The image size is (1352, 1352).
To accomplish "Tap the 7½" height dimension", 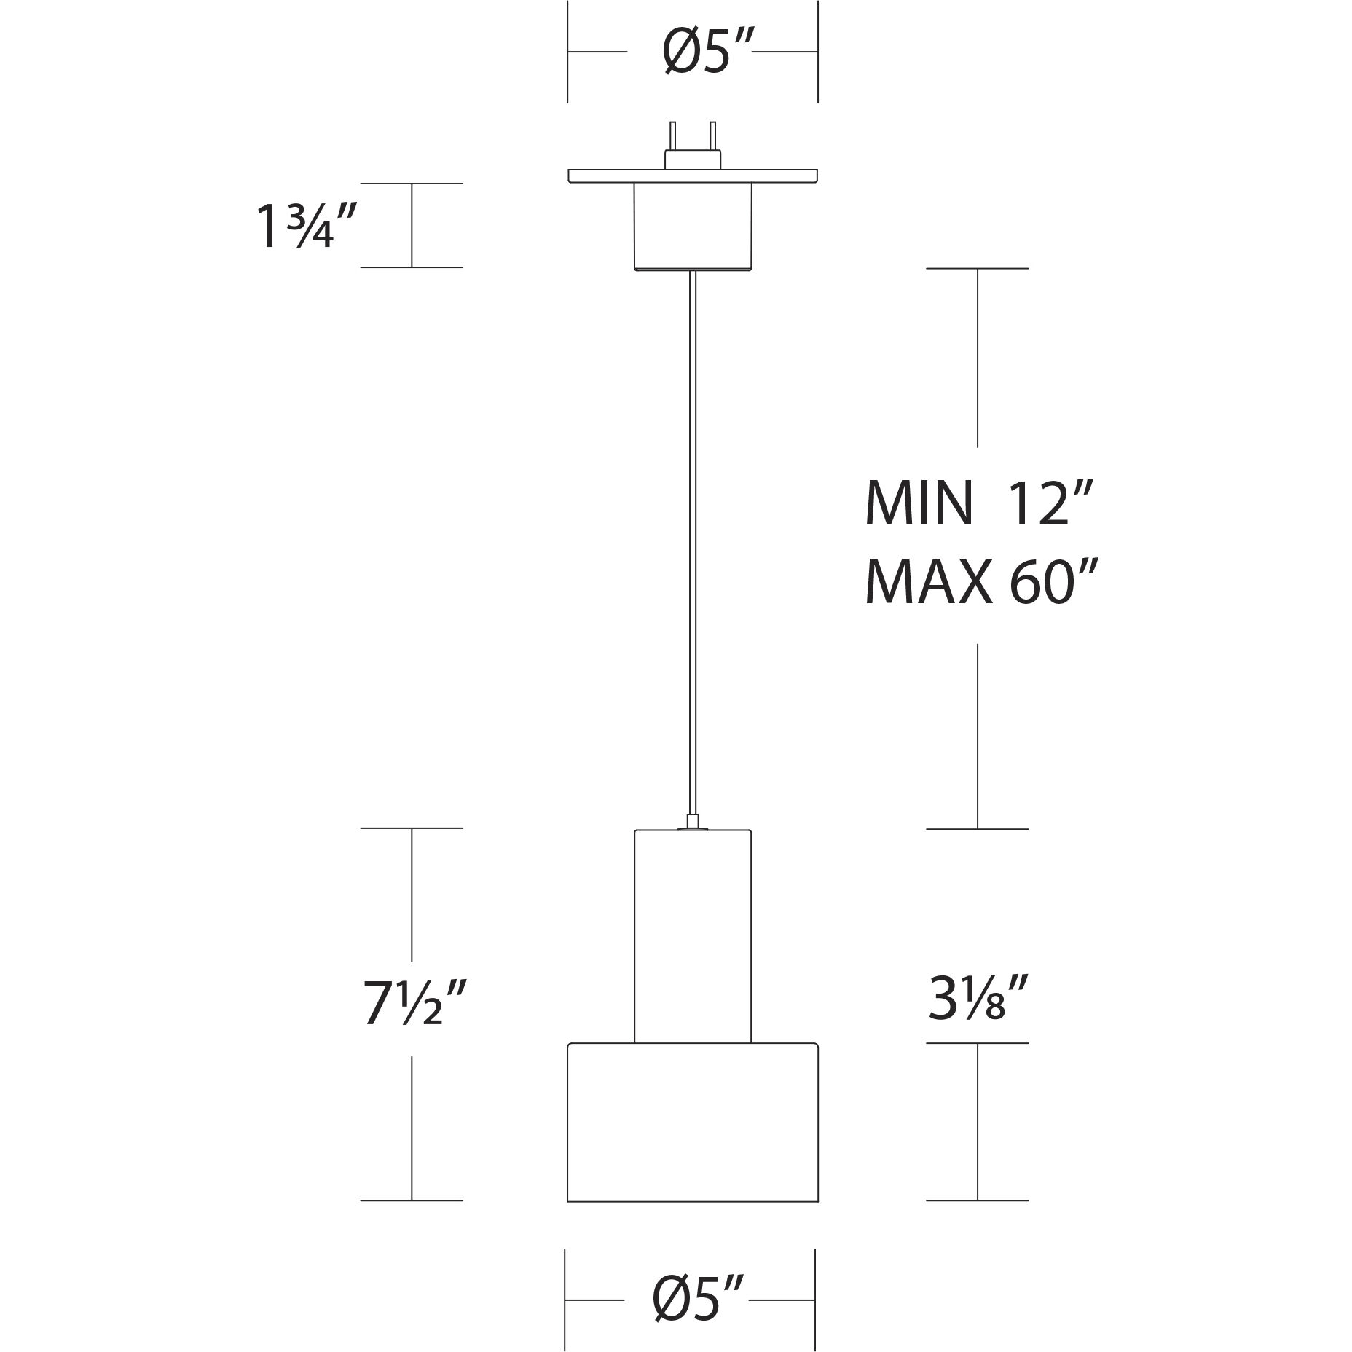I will coord(414,1003).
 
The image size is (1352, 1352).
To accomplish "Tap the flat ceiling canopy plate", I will coord(693,176).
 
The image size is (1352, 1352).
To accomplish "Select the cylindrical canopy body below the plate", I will coord(693,226).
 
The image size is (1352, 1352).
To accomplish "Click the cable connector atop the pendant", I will coord(693,822).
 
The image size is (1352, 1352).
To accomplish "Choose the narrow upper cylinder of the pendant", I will coord(693,936).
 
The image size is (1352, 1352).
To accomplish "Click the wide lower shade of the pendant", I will coord(693,1122).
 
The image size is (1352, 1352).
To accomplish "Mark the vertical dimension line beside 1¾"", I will coord(412,226).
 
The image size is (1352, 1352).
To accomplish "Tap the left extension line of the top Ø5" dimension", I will coord(568,51).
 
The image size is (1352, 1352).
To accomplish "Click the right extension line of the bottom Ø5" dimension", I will coord(814,1300).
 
